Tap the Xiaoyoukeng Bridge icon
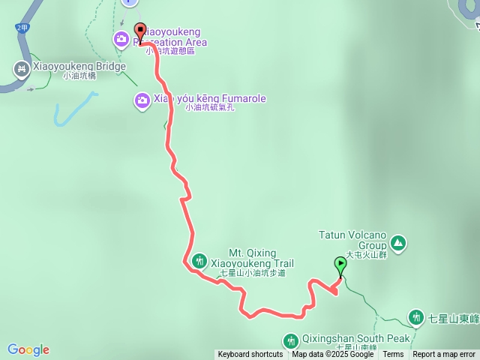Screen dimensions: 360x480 tap(21, 70)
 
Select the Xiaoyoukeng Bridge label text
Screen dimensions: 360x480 tap(78, 67)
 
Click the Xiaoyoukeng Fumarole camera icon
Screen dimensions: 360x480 tap(142, 100)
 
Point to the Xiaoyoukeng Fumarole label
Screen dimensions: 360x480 tap(210, 99)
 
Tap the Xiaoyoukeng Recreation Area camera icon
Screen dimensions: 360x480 tap(121, 38)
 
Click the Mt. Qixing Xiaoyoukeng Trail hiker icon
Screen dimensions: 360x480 tap(199, 261)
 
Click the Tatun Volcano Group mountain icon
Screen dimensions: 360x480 tap(398, 242)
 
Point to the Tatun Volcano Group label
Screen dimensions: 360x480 tap(352, 239)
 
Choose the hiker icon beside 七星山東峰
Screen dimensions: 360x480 tap(416, 318)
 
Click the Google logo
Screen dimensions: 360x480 tap(28, 349)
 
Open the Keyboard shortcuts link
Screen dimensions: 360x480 tap(250, 355)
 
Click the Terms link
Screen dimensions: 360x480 tap(393, 355)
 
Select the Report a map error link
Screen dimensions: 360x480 tap(445, 355)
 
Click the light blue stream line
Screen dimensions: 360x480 tap(67, 110)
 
